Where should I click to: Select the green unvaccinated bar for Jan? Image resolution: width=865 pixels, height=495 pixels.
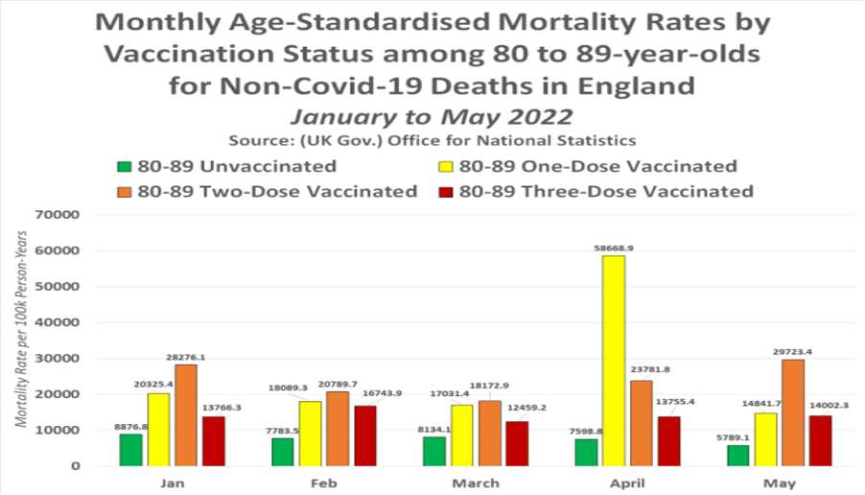[x=131, y=450]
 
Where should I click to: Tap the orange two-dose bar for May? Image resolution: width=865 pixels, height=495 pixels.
[x=792, y=412]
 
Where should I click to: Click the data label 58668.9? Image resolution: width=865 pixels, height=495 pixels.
[x=614, y=247]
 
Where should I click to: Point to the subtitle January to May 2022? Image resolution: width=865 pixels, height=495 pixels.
[x=431, y=116]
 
